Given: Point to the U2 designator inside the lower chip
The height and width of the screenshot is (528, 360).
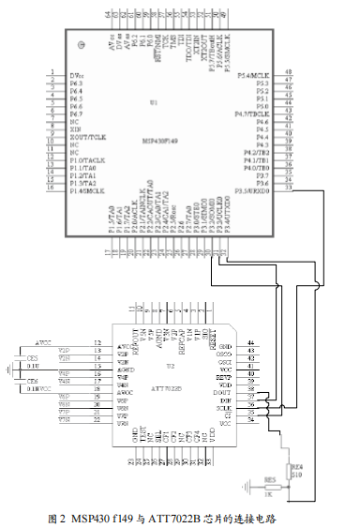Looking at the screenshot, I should tap(171, 365).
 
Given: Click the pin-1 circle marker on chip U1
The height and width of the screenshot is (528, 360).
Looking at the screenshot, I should tap(83, 45).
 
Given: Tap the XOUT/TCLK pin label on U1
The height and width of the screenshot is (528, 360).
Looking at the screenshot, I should tap(87, 137).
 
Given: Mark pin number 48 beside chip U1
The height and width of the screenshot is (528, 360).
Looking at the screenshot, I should tap(287, 72).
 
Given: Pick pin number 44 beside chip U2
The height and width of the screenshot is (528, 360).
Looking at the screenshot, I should tap(250, 344).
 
